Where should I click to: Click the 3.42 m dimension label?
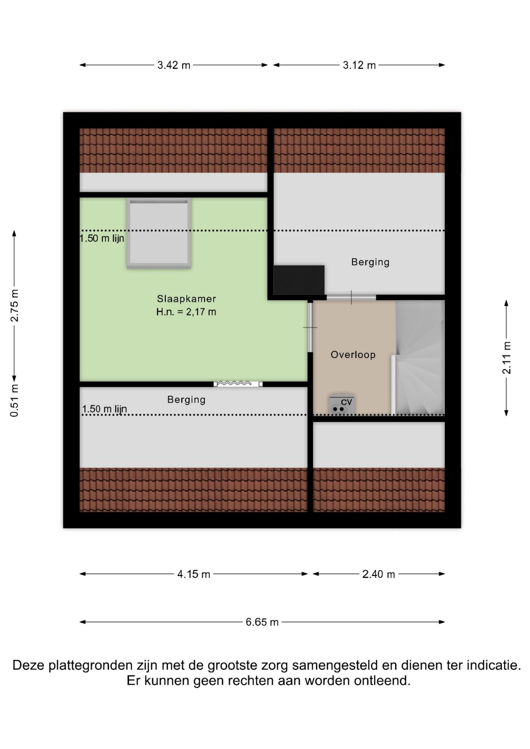[174, 65]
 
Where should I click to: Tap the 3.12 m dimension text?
[359, 65]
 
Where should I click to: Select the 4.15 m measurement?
[194, 574]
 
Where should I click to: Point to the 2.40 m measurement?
[379, 574]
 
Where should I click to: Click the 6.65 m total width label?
[262, 622]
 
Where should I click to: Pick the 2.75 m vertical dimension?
[14, 305]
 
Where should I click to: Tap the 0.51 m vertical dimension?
[14, 401]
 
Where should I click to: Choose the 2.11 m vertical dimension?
[506, 358]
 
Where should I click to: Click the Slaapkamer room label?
[186, 299]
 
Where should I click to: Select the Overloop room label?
[353, 355]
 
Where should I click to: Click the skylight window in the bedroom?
[159, 233]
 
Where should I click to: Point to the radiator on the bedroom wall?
[238, 384]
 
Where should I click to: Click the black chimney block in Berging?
[299, 280]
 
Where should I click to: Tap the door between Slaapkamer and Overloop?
[310, 327]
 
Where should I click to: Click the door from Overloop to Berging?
[351, 298]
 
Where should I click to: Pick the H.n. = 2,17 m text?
[186, 312]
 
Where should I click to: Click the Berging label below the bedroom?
[186, 399]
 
